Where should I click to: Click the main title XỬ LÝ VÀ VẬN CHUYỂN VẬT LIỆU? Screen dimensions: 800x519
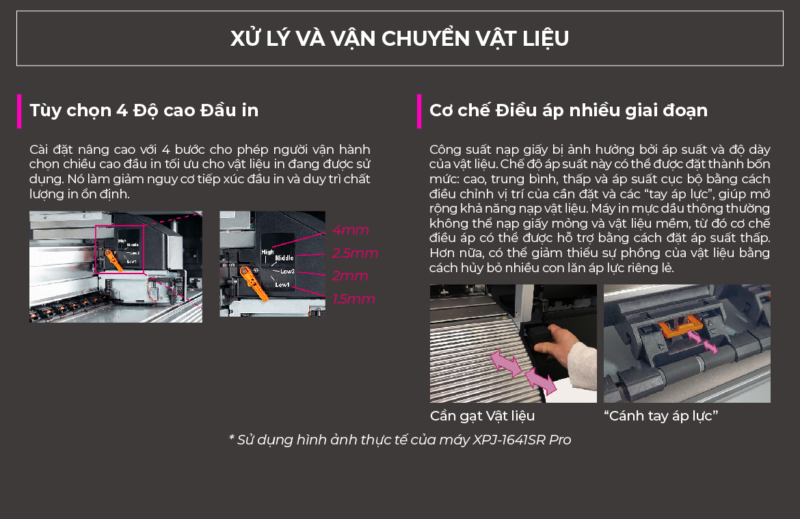[399, 39]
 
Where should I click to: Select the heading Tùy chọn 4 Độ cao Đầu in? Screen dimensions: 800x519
[144, 110]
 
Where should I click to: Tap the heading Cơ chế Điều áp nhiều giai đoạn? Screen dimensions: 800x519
[568, 110]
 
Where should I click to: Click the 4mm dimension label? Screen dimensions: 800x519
[351, 230]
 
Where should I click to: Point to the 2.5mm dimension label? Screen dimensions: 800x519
[355, 253]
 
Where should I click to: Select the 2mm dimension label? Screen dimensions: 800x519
[350, 276]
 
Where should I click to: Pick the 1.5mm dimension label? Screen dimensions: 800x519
[354, 299]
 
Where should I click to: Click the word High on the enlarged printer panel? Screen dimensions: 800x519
[267, 252]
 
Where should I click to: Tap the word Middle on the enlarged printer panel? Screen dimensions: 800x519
[284, 258]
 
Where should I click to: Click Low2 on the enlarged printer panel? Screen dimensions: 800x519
[287, 271]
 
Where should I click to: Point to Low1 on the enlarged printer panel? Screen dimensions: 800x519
[282, 284]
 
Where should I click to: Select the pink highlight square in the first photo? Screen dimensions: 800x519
[120, 249]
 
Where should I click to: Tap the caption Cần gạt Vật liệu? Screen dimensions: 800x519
[482, 416]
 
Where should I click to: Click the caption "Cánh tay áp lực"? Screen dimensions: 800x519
[661, 416]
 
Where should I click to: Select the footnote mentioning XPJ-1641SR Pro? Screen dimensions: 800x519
[400, 440]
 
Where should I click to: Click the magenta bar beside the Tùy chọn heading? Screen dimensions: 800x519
[19, 111]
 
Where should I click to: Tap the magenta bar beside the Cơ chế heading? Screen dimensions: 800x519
[419, 111]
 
